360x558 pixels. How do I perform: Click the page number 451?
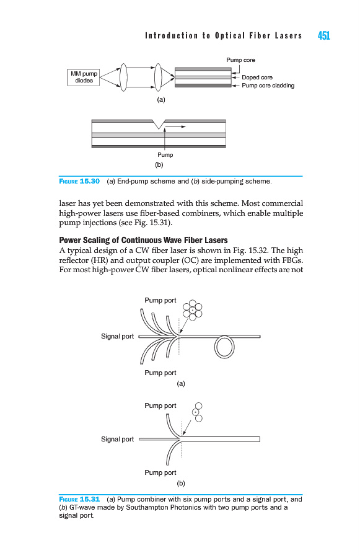323,35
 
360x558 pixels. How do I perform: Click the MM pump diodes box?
84,77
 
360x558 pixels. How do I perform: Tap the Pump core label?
241,60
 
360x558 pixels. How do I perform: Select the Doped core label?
257,77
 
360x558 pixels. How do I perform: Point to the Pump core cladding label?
268,86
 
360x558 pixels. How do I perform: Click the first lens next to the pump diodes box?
123,77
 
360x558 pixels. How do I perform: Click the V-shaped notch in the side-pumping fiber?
159,124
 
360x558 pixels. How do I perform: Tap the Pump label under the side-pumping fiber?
165,155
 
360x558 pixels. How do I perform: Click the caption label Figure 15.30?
79,181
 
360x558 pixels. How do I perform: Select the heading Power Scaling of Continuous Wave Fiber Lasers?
143,240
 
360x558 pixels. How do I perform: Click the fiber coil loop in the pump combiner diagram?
224,347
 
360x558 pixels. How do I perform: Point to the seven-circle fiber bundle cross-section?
193,311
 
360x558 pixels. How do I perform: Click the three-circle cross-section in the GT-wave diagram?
197,412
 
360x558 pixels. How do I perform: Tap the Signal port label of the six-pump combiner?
117,336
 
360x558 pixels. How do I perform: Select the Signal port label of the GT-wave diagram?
117,439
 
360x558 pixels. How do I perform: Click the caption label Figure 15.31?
79,499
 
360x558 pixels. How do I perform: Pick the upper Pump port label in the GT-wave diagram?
160,405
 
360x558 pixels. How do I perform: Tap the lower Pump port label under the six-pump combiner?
160,373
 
